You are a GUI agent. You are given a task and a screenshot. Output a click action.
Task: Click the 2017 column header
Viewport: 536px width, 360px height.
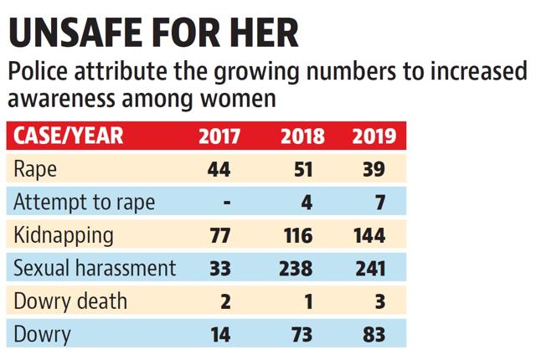[219, 136]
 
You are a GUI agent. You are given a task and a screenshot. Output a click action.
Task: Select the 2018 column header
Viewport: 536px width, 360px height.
[302, 136]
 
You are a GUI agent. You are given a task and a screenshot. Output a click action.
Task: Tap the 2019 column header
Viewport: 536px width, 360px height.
[374, 136]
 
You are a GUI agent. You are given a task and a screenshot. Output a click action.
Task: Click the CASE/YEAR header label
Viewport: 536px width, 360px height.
[69, 136]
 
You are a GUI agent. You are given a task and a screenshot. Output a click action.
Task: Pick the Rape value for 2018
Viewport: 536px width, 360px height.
[303, 169]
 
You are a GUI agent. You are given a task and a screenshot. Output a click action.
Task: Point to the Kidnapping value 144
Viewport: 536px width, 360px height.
[369, 235]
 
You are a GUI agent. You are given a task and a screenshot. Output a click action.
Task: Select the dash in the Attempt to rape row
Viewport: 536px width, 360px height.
[227, 203]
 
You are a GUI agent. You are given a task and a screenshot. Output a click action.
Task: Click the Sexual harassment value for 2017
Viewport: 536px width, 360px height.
[219, 269]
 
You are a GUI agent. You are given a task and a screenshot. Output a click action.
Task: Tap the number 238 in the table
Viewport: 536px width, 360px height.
[296, 269]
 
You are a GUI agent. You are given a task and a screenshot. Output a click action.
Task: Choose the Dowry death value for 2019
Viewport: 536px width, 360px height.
[380, 301]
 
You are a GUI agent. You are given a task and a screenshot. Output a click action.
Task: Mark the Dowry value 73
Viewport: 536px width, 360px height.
[301, 334]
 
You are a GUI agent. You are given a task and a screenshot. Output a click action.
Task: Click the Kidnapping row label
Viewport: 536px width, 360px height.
[64, 236]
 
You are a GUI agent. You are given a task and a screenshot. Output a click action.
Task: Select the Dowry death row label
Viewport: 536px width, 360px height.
[70, 301]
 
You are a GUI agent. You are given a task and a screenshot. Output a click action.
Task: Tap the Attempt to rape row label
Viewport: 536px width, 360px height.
[84, 203]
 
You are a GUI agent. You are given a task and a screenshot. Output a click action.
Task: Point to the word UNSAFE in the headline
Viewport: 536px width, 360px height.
[75, 33]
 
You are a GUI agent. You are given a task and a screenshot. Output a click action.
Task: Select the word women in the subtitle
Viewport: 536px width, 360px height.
[238, 99]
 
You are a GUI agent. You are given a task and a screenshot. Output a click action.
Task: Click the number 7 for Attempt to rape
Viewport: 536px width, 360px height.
[380, 203]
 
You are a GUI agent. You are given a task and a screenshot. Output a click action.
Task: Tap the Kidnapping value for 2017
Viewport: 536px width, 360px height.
[219, 235]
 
